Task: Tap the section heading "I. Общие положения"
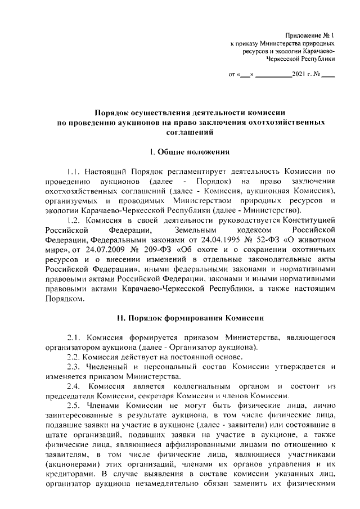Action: coord(188,152)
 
